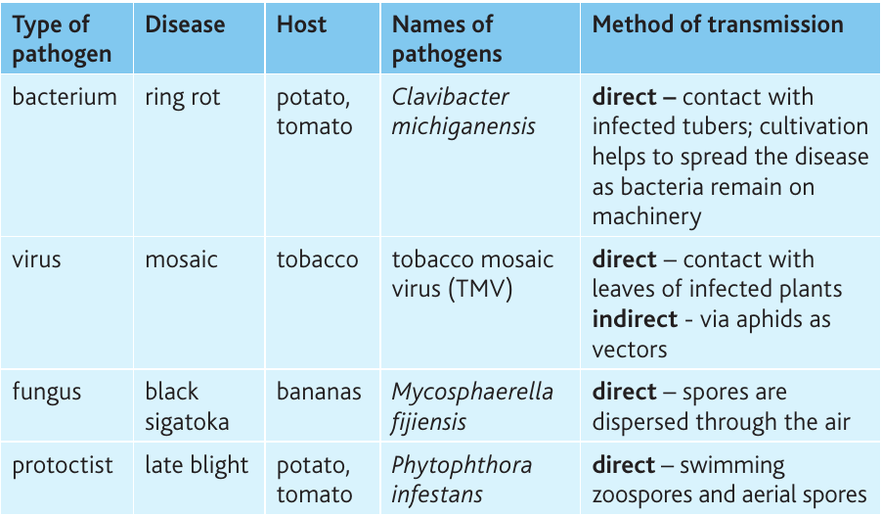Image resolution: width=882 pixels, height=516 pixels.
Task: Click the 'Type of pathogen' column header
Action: pos(62,39)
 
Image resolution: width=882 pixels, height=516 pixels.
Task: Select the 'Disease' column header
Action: pos(185,24)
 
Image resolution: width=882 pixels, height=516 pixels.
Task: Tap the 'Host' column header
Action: pos(301,24)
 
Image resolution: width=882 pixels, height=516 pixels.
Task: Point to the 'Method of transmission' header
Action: pos(718,24)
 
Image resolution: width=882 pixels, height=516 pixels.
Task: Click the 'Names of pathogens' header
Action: pos(447,39)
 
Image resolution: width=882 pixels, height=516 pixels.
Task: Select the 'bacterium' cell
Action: pos(65,97)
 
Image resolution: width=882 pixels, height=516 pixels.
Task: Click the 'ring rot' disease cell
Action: pos(182,98)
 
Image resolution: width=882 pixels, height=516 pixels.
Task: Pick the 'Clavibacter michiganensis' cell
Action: pos(463,112)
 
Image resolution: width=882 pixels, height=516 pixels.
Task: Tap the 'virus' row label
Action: pos(36,259)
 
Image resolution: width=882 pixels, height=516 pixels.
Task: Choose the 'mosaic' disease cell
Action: pos(181,259)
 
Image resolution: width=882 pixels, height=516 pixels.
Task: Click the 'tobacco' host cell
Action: pos(317,259)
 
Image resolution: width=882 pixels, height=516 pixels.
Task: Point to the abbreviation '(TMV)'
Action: pos(481,289)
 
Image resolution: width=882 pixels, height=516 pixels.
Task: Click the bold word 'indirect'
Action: pos(635,319)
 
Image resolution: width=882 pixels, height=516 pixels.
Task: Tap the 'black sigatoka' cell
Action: pos(187,406)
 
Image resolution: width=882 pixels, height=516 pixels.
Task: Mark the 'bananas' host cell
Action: pos(319,392)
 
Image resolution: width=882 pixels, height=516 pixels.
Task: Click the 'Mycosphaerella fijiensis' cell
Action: pos(472,406)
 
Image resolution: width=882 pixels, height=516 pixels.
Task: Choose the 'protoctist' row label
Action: pos(63,466)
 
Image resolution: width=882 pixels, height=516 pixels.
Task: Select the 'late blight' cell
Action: pos(197,466)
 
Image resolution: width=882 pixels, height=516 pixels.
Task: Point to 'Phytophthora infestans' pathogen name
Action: pos(462,480)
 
